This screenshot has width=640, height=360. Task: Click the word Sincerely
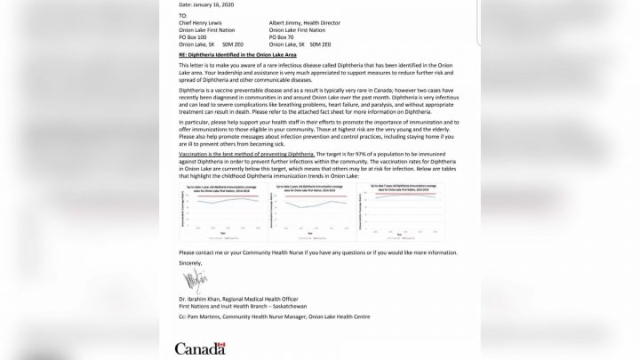pyautogui.click(x=190, y=263)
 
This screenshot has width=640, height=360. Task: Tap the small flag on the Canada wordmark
pyautogui.click(x=224, y=343)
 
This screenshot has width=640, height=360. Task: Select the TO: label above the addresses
pyautogui.click(x=183, y=15)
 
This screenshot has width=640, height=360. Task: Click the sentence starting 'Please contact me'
pyautogui.click(x=318, y=252)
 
